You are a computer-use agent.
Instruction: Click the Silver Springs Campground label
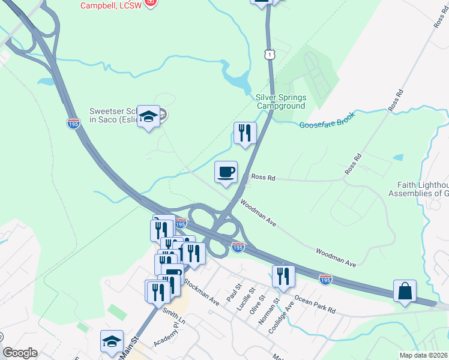click(281, 101)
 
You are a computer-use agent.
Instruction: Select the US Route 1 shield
click(271, 55)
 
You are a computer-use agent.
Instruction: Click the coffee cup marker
click(226, 173)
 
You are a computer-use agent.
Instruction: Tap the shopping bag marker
click(405, 291)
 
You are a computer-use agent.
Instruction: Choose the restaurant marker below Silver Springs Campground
click(245, 133)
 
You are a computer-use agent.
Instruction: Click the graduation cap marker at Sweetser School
click(148, 117)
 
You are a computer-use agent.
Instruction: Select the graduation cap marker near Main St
click(112, 341)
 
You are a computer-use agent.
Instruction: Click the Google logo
click(20, 353)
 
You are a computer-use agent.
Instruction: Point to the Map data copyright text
click(423, 355)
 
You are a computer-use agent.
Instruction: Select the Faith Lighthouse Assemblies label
click(423, 189)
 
